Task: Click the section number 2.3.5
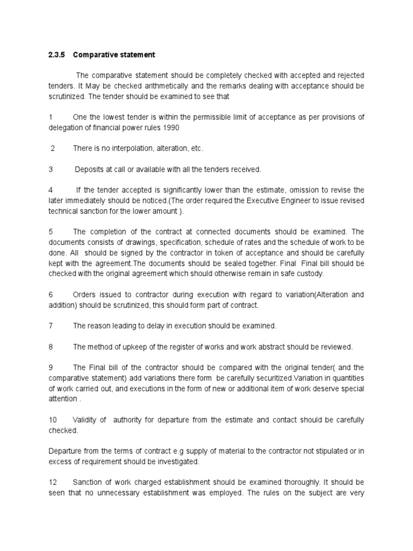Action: [x=56, y=55]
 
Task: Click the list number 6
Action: [x=51, y=295]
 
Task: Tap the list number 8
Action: [x=51, y=347]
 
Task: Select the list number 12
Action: [x=52, y=483]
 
